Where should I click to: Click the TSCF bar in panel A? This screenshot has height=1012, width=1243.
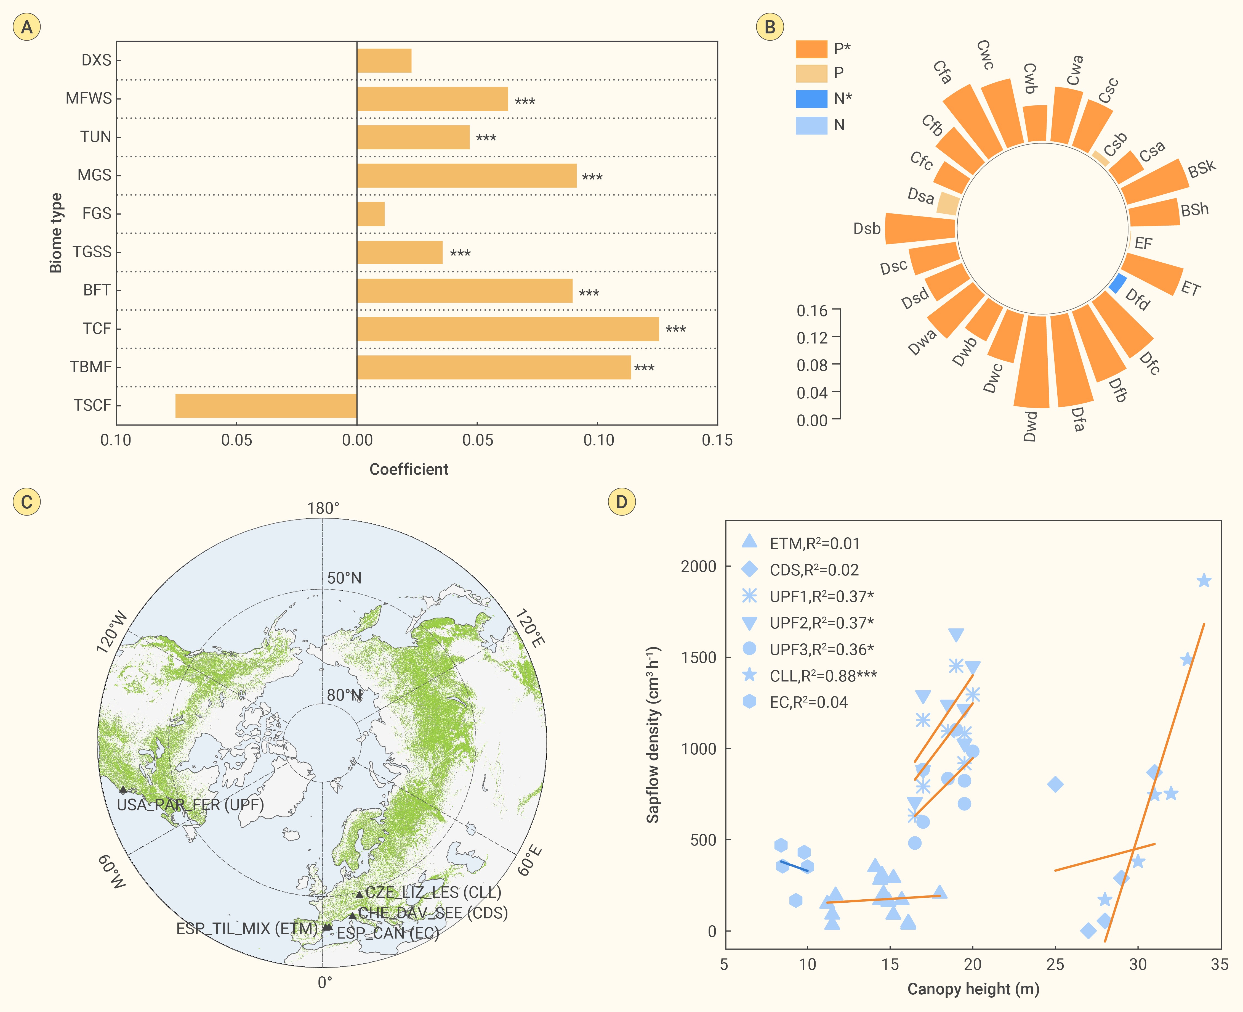pos(266,406)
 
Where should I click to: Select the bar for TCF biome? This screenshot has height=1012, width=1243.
pos(508,329)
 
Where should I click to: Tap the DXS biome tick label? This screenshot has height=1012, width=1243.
pos(96,60)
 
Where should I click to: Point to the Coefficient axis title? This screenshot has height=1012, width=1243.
pos(409,469)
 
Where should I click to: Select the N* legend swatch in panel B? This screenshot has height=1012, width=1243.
pos(811,99)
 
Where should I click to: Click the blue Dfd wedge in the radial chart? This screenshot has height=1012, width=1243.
pos(1117,283)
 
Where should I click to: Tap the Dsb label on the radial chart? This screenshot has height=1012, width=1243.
pos(867,229)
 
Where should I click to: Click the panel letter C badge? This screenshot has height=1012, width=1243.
pos(27,502)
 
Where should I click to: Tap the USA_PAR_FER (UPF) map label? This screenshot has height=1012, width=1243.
pos(190,805)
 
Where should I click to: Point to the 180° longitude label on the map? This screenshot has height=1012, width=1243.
pos(323,508)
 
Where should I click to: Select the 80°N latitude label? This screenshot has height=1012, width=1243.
pos(344,695)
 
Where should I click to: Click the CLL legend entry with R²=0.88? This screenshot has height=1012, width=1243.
pos(823,676)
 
